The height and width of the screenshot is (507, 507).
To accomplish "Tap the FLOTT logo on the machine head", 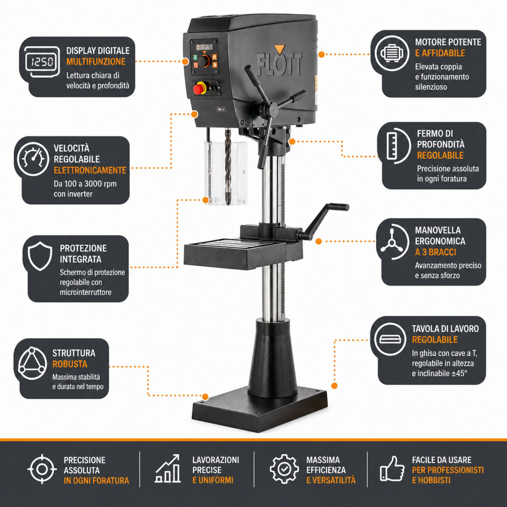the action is tap(279, 65).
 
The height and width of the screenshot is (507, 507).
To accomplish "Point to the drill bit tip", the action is tap(228, 203).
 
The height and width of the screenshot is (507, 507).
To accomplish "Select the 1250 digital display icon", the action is tap(42, 62).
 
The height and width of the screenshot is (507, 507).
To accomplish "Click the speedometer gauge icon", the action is tap(33, 159).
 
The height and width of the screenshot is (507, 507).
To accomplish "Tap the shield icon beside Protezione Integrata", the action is tap(40, 256).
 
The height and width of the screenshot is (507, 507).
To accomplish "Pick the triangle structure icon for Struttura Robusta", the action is tap(32, 363).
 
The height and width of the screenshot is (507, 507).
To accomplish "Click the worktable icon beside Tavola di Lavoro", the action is tap(390, 339).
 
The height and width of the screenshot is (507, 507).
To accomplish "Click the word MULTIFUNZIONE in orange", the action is tap(96, 62).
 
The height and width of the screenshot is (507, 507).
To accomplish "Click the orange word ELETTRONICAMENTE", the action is tap(90, 170).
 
